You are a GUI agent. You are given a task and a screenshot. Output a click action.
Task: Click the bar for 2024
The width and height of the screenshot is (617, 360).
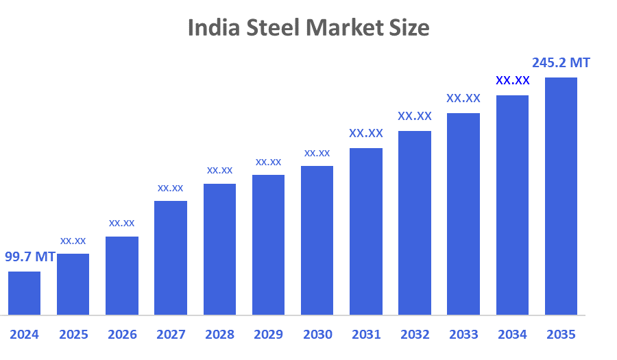point(24,293)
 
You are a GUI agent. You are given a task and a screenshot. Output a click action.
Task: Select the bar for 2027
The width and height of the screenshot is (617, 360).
point(171,258)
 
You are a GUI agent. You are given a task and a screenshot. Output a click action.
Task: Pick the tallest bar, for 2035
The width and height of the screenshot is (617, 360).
point(561,196)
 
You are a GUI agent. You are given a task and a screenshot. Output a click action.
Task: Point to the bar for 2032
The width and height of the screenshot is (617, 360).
point(415,223)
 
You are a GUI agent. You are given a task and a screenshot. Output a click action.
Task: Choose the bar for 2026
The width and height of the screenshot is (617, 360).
point(122,276)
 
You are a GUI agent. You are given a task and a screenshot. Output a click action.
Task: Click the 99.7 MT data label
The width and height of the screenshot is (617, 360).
point(30,257)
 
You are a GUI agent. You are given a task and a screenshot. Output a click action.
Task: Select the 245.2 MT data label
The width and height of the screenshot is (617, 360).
point(561,62)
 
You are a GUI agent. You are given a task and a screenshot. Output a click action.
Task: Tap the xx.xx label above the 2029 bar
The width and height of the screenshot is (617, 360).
point(268,162)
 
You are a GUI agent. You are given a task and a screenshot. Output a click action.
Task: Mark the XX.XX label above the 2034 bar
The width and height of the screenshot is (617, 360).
point(512,81)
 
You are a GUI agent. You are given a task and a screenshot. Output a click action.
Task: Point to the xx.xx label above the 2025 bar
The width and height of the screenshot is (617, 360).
point(73,241)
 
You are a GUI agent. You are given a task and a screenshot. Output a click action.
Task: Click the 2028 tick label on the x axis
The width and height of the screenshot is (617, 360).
point(219,335)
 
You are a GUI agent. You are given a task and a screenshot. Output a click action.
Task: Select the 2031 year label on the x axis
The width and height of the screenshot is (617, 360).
point(366,335)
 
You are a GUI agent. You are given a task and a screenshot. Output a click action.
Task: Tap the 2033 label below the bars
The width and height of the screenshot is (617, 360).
point(463,335)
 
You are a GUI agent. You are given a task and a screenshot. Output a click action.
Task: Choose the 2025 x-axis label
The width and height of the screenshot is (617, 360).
point(73,335)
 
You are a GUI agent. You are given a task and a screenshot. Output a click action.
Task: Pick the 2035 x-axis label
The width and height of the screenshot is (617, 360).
point(561,335)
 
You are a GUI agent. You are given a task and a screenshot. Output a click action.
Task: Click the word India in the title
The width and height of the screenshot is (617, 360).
point(210,27)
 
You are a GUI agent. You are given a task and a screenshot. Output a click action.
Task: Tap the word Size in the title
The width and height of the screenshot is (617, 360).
point(410,27)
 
